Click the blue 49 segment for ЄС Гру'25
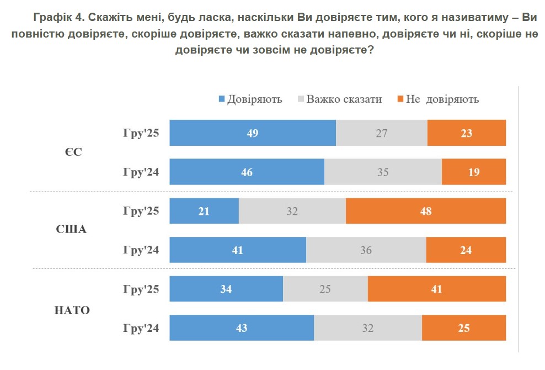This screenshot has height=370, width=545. (253, 133)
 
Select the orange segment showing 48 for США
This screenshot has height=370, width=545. (425, 211)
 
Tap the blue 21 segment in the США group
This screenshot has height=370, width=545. (204, 211)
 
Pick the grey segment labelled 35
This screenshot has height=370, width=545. (383, 172)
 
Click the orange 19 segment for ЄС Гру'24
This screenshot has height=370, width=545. (473, 172)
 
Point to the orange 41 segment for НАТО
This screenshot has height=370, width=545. (436, 289)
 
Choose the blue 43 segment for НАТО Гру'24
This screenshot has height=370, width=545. (242, 328)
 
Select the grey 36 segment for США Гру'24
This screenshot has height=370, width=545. (366, 250)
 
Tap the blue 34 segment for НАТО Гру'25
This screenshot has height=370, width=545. (226, 289)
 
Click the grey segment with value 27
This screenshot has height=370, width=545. (381, 133)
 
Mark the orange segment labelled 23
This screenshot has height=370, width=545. (466, 133)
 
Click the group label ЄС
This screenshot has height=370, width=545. (72, 152)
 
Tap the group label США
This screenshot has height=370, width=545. (72, 230)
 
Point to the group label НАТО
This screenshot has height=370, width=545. (72, 310)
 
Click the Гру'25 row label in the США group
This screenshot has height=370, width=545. (141, 211)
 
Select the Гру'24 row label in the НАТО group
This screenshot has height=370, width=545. (141, 328)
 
